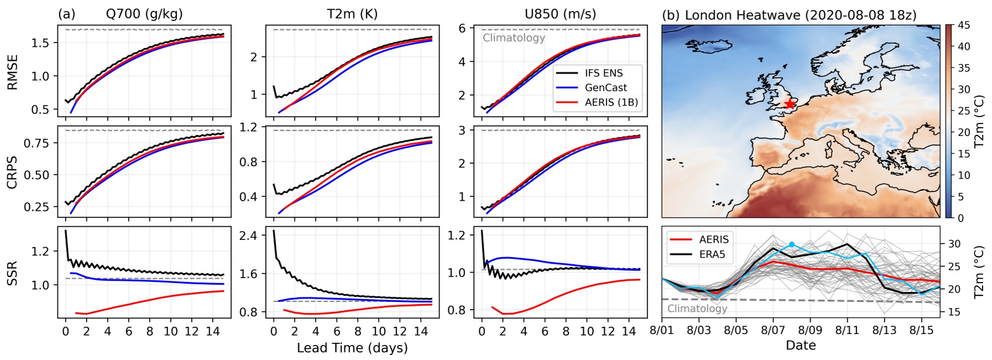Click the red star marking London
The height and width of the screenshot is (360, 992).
(789, 103)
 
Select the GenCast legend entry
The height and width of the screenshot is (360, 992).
(605, 87)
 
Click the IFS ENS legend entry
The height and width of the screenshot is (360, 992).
(603, 73)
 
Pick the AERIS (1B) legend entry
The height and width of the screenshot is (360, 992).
(611, 102)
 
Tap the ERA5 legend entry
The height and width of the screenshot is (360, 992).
(712, 254)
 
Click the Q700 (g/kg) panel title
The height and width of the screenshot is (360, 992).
(144, 14)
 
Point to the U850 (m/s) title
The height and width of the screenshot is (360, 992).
(560, 14)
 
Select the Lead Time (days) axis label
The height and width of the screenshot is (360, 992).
(352, 348)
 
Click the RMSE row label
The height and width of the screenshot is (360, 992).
(12, 72)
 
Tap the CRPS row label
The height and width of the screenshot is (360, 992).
(12, 173)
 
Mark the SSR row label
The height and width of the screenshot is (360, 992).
(12, 273)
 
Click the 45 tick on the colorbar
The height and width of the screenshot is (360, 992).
(964, 25)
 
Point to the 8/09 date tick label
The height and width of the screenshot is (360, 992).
(810, 331)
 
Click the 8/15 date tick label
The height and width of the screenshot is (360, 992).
(921, 331)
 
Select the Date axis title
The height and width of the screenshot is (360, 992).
(800, 346)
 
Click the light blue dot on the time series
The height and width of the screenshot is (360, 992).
(791, 244)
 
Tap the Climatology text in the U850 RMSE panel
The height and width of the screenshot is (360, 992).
(514, 38)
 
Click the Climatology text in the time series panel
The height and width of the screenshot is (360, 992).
(697, 309)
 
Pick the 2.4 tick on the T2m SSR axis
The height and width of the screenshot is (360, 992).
(249, 236)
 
